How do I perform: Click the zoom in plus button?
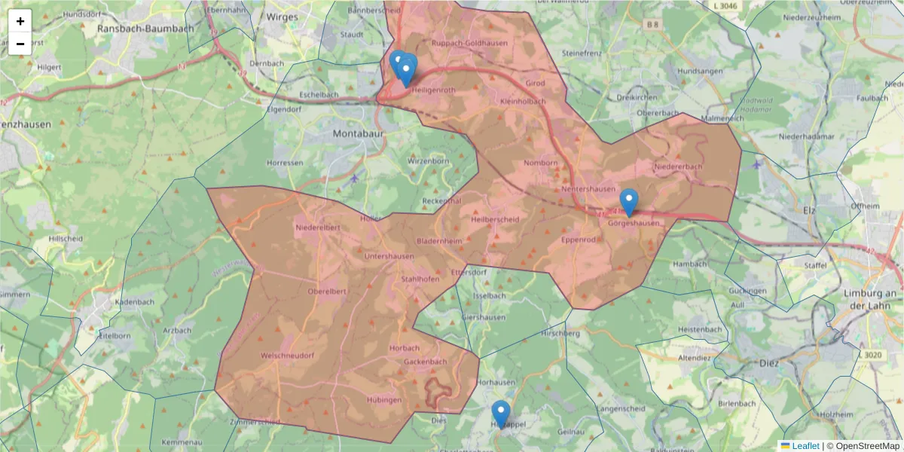click(20, 21)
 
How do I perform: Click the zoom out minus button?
click(20, 44)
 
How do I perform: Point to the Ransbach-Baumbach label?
click(145, 28)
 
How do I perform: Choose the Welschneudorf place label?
click(288, 355)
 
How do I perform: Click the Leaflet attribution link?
click(805, 446)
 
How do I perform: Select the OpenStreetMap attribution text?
click(867, 446)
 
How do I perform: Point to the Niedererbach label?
click(678, 166)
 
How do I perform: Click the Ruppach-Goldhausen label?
click(469, 44)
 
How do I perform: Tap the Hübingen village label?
click(384, 400)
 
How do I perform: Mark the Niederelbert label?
click(318, 227)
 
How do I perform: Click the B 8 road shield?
click(652, 25)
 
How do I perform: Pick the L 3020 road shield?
click(869, 355)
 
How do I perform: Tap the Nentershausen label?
click(588, 189)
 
